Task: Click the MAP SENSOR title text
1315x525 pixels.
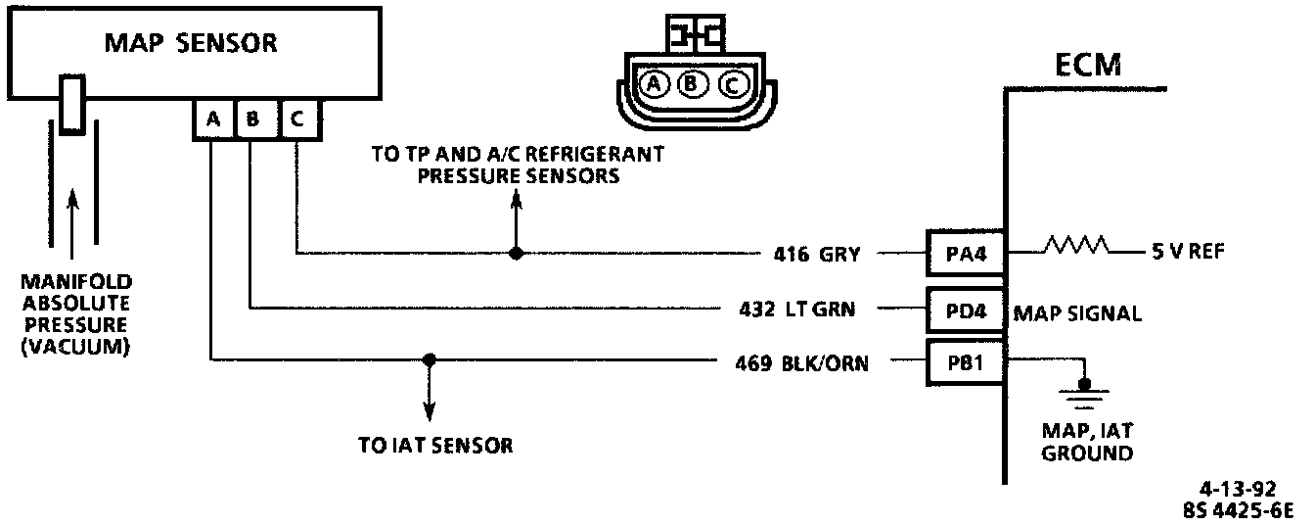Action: click(x=191, y=43)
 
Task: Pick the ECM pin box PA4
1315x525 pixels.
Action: click(x=965, y=255)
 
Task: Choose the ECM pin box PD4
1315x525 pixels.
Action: click(x=965, y=310)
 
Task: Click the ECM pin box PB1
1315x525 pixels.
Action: click(x=965, y=362)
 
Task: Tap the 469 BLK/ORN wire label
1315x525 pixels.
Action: click(x=800, y=363)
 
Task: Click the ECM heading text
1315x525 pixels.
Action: click(x=1088, y=67)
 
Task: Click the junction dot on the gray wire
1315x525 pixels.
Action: click(x=517, y=253)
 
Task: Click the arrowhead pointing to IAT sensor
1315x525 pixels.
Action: click(x=429, y=412)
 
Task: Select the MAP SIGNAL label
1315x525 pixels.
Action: click(x=1077, y=313)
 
